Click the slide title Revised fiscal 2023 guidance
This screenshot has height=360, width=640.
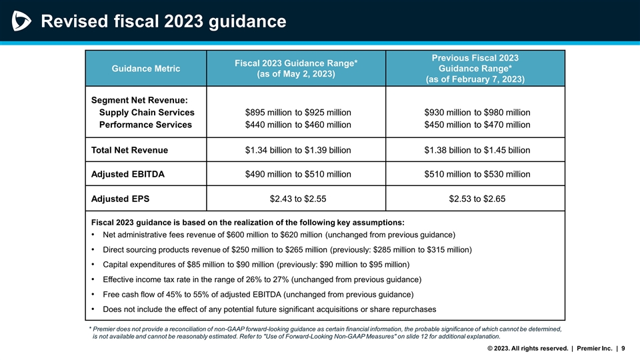(x=164, y=22)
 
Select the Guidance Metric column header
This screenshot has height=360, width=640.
(x=145, y=68)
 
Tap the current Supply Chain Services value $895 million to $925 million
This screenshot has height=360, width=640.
(x=298, y=112)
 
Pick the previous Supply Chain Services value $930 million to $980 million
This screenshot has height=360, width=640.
(x=477, y=112)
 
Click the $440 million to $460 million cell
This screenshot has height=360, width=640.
(x=298, y=125)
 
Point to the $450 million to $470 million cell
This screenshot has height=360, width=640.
(x=477, y=125)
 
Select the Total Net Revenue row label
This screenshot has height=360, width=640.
(x=129, y=150)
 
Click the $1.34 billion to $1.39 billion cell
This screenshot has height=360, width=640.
(x=298, y=150)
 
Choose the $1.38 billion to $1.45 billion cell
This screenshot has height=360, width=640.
(x=477, y=150)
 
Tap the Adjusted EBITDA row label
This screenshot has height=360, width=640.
(x=128, y=174)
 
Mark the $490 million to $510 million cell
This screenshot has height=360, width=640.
(x=298, y=174)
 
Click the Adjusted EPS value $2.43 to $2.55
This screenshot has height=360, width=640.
(x=298, y=198)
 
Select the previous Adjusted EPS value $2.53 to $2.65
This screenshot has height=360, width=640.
(x=477, y=198)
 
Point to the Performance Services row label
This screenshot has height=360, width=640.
(x=145, y=125)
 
